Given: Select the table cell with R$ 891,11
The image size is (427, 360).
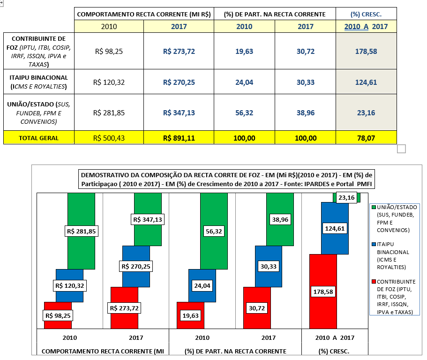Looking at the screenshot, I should pos(179,138).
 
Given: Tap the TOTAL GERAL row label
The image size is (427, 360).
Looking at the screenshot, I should pos(38,138).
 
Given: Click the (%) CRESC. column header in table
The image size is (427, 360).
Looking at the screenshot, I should pos(366,14).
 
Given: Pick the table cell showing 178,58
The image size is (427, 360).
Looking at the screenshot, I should pos(366,52).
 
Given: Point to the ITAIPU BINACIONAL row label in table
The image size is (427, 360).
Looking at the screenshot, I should pos(38,82).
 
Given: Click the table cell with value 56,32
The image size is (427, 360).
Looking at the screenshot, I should pos(244,112).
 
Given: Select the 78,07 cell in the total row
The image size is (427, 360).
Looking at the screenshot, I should pos(366,138).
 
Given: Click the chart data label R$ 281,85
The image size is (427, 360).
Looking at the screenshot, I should pos(81,231).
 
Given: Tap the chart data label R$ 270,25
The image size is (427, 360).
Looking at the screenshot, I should pos(136,266).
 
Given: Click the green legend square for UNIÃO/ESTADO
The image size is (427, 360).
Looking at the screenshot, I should pos(374,207).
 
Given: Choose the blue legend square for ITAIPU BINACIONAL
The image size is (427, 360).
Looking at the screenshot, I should pos(374,244).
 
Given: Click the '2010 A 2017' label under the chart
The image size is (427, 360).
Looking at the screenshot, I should pos(335,337).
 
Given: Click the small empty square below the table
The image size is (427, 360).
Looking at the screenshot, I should pos(401,149).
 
